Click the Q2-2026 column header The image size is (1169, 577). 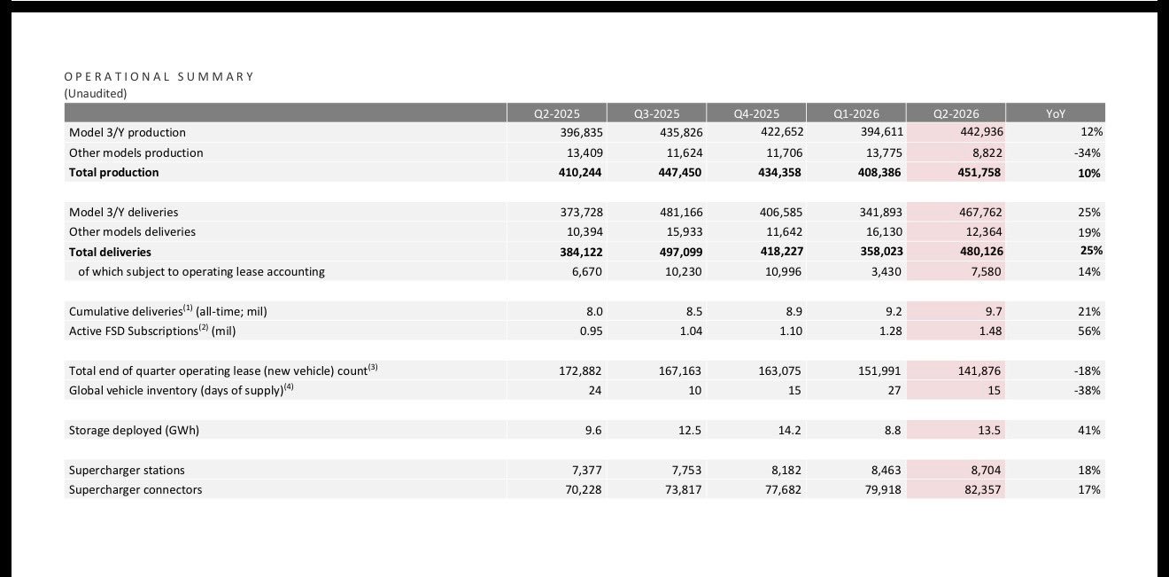[956, 113]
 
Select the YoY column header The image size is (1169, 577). [1056, 113]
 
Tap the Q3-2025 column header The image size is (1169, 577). [656, 113]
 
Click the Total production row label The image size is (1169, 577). [113, 172]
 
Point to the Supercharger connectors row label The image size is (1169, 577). [135, 490]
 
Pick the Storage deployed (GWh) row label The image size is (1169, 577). [134, 430]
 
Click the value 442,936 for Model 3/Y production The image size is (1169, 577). [981, 131]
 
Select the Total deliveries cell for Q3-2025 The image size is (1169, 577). [680, 252]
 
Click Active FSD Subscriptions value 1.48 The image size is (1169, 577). [990, 331]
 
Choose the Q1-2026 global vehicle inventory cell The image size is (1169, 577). [894, 391]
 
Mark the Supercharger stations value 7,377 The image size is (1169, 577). [586, 470]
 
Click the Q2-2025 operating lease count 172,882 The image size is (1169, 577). [580, 370]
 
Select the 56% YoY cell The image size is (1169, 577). [1089, 331]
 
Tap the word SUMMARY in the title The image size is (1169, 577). [215, 77]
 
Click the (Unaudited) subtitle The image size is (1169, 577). [96, 93]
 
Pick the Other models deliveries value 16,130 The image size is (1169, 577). [881, 232]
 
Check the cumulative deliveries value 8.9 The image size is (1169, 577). [794, 312]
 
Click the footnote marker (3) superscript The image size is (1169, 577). [373, 367]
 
